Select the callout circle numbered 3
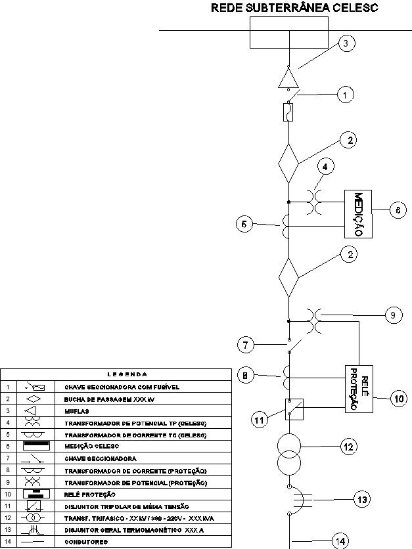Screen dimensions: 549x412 click(x=346, y=44)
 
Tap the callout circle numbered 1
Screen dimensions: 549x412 click(x=346, y=95)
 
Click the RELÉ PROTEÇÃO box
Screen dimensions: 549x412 click(x=359, y=387)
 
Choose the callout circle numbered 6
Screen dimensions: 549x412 click(x=398, y=209)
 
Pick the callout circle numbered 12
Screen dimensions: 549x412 click(x=348, y=447)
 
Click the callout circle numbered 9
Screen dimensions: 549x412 click(x=392, y=315)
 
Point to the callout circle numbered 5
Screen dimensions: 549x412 click(x=244, y=225)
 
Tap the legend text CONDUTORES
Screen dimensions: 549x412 click(x=86, y=542)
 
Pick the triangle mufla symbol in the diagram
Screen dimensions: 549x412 click(x=288, y=78)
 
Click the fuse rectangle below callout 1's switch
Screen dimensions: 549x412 click(x=288, y=112)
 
